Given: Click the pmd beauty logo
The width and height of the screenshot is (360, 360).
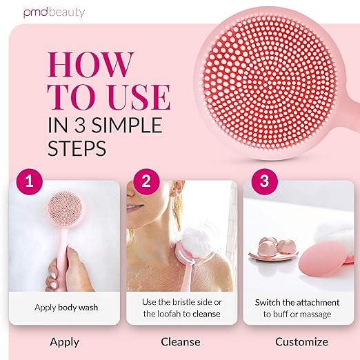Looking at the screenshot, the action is point(54,12).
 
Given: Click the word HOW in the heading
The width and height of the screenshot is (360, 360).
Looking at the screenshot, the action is point(90,64).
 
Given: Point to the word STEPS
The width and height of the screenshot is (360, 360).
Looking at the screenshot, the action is point(77,148).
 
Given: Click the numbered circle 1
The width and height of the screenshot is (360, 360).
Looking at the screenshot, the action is point(30,181).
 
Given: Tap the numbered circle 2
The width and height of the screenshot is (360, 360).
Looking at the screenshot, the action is point(146,181).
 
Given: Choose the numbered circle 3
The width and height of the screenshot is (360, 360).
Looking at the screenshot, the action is point(264,181).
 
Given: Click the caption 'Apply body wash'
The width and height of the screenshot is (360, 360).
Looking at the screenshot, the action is point(66,308).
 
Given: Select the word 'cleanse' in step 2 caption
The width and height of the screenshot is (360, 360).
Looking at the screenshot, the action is point(206,314).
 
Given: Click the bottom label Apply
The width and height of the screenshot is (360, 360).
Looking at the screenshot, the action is point(65,342).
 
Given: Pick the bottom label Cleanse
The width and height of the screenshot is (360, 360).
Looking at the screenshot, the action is point(181,341).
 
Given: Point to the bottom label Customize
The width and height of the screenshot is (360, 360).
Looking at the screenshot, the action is point(301,341).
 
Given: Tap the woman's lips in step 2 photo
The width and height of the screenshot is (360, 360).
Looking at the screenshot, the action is point(132,207).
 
